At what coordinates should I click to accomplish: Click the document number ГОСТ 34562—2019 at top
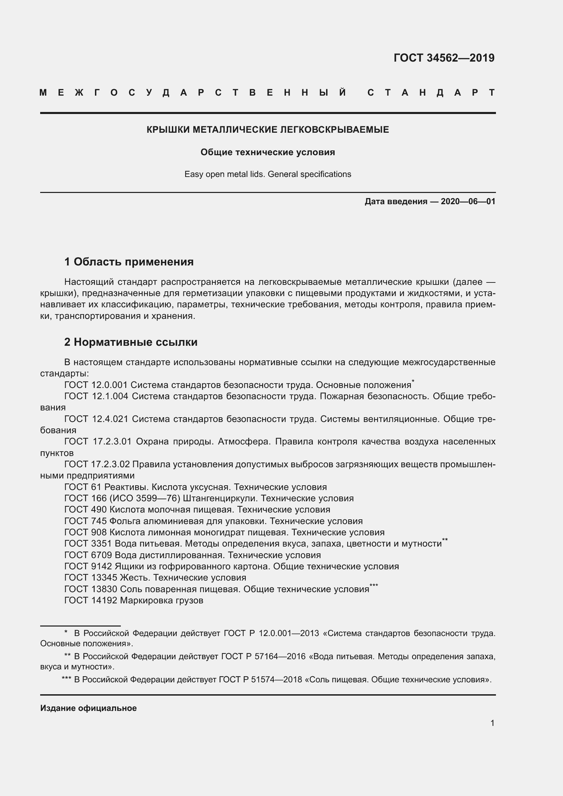[x=444, y=58]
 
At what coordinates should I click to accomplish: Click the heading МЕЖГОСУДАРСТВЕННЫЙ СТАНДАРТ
[x=267, y=93]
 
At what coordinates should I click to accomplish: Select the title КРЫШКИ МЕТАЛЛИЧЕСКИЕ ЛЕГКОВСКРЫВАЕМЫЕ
[x=267, y=130]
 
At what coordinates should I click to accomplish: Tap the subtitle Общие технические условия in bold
[x=267, y=152]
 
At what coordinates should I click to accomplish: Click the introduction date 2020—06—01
[x=468, y=201]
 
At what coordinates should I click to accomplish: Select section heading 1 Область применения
[x=129, y=262]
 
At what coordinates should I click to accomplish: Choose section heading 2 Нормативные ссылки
[x=131, y=342]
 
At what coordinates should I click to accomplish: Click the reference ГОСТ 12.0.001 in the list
[x=96, y=385]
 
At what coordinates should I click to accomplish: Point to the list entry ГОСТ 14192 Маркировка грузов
[x=133, y=600]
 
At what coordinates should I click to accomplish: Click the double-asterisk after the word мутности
[x=445, y=540]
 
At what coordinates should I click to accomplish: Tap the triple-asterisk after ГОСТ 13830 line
[x=373, y=585]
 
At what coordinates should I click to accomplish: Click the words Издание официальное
[x=89, y=708]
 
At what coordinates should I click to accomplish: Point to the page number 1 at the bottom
[x=492, y=723]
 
